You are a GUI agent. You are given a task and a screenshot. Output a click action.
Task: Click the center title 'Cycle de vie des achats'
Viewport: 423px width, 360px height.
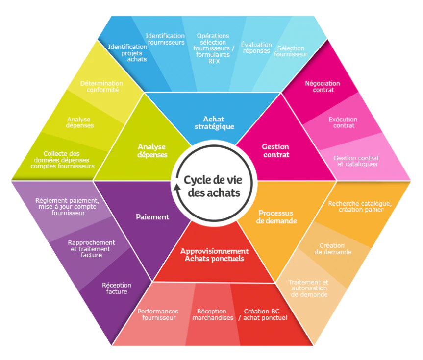coord(213,186)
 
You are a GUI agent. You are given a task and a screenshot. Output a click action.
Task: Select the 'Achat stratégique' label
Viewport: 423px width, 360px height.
coord(214,123)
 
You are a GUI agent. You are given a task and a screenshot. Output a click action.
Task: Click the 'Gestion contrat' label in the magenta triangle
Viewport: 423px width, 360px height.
coord(275,151)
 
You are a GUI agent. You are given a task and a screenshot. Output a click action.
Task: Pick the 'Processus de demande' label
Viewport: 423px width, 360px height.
coord(276,217)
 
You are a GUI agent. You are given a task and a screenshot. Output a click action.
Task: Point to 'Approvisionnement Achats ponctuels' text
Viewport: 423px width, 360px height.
coord(215,255)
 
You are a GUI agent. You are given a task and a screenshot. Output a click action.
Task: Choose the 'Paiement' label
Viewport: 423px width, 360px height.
coord(152,217)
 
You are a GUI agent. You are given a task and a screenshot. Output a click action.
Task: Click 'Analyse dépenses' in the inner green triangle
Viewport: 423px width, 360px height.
coord(152,151)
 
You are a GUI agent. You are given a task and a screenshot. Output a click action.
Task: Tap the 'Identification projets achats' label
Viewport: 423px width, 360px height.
coord(127,53)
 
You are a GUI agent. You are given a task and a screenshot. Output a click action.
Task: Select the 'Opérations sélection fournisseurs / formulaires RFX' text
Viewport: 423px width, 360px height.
coord(213,48)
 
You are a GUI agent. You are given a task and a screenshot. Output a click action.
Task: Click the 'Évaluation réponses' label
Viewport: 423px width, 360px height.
coord(256,48)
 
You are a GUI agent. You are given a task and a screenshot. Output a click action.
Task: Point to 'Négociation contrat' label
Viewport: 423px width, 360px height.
coord(323,87)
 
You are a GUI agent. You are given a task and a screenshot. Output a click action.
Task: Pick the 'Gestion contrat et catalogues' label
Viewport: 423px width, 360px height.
coord(357,161)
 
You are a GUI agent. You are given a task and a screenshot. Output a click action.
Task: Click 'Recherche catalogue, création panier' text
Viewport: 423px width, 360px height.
coord(360,207)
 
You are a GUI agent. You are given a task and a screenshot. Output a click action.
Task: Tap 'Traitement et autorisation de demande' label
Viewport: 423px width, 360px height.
coord(309,288)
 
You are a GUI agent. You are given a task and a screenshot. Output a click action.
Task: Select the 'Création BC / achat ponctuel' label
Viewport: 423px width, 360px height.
coord(263,315)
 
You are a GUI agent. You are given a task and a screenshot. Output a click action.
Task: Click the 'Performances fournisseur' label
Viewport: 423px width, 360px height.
coord(158,315)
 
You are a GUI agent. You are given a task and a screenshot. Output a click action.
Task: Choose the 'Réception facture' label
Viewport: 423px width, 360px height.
coord(117,288)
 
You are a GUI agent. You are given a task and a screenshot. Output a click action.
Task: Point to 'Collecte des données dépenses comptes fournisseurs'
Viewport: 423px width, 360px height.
coord(63,160)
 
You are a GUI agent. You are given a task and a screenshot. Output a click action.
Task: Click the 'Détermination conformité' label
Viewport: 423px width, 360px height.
coord(101,87)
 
